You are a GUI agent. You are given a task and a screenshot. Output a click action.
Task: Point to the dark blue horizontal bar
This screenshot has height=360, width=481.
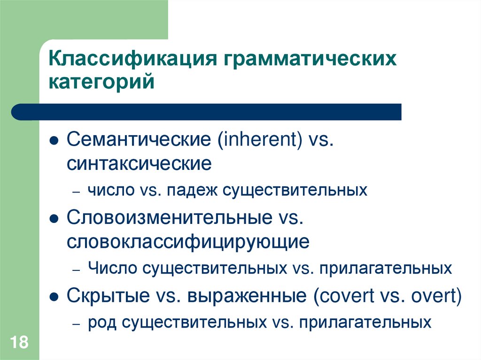click(207, 112)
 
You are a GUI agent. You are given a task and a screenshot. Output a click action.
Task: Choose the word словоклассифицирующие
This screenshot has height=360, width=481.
click(188, 242)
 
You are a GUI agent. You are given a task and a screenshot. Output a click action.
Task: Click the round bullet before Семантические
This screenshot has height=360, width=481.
click(55, 141)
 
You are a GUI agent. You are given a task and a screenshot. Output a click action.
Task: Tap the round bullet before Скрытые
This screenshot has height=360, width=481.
click(55, 297)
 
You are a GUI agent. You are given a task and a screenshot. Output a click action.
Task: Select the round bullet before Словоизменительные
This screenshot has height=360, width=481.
click(55, 219)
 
